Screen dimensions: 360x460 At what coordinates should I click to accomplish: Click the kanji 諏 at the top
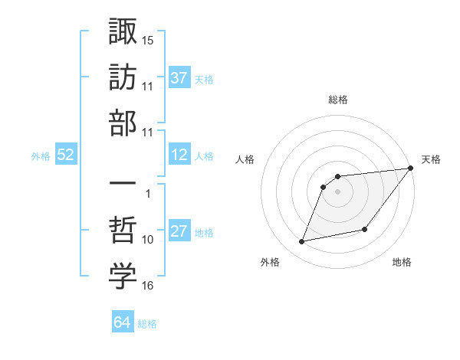coord(123,33)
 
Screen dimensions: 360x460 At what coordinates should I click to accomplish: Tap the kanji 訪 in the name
coord(123,77)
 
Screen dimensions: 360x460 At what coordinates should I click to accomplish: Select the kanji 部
coord(123,122)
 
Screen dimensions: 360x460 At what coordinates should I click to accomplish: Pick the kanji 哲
coord(123,231)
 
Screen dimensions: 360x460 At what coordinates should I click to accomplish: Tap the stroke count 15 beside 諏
coord(148,38)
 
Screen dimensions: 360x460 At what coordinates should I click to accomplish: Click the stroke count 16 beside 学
coord(148,286)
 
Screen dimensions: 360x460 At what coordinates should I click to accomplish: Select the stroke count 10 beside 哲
coord(148,240)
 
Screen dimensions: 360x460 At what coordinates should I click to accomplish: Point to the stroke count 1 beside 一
coord(148,194)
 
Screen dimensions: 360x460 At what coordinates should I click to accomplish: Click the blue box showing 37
coord(179,77)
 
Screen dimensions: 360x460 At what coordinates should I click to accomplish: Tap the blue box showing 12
coord(179,155)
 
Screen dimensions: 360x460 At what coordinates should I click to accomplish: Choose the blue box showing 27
coord(179,232)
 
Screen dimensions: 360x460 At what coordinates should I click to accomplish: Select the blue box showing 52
coord(66,155)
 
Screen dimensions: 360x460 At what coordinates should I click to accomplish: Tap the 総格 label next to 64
coord(147,324)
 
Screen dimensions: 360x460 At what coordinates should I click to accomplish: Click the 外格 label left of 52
coord(41,156)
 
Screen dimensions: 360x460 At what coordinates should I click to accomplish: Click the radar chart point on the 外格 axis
coord(302,242)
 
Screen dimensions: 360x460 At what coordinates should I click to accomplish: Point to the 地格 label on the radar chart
coord(402,263)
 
